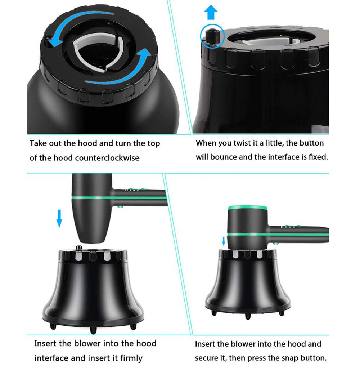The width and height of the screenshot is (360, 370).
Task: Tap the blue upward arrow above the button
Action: click(x=211, y=12)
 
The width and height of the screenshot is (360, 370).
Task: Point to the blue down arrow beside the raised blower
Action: click(x=59, y=218)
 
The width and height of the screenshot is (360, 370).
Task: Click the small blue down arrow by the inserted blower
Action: click(x=224, y=241)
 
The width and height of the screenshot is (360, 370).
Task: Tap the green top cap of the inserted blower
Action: click(x=248, y=208)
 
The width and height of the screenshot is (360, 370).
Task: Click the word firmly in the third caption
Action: click(x=131, y=358)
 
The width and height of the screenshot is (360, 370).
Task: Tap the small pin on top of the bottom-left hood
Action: click(x=78, y=248)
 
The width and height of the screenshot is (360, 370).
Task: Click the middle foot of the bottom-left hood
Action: click(x=93, y=330)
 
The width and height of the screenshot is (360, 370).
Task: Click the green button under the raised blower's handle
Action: click(x=121, y=207)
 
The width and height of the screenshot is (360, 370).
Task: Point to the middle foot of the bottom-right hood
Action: click(x=248, y=316)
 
